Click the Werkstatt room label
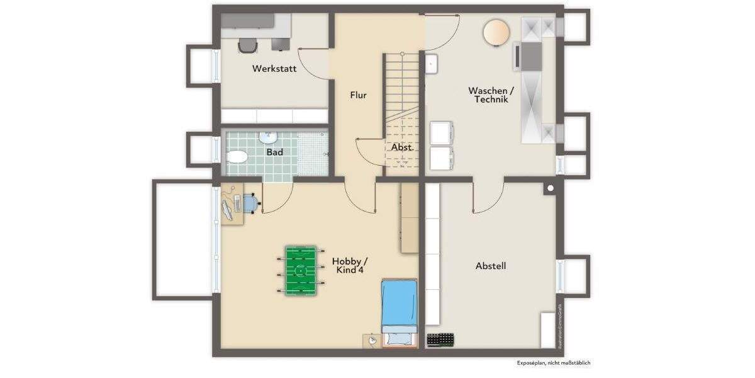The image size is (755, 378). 274,68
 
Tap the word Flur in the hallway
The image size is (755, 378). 358,95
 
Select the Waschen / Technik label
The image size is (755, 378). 491,94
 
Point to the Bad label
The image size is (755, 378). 274,152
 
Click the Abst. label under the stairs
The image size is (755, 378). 402,147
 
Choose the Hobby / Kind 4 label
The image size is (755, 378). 350,265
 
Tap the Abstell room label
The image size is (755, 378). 491,266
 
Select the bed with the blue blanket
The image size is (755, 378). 399,312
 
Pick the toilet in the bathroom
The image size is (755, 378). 237,157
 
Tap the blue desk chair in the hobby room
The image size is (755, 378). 251,203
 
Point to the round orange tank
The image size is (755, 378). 496,31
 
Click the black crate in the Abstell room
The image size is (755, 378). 440,340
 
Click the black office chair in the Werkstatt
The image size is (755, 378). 248,45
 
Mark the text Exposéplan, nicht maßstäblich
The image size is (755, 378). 554,363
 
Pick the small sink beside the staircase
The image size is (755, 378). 431,64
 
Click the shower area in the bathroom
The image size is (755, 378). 312,152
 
